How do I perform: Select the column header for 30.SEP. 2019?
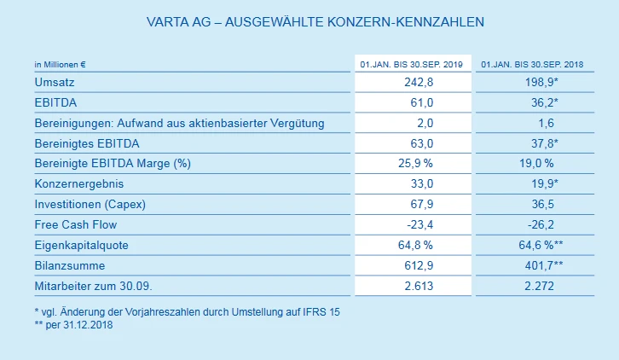coord(412,64)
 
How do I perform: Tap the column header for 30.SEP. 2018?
coord(536,64)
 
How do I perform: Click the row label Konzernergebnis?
coord(78,184)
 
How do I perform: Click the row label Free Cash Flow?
coord(75,225)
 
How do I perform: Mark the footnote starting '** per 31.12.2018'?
coord(73,325)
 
